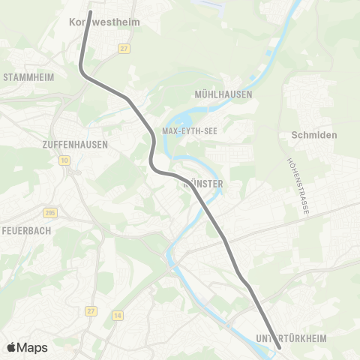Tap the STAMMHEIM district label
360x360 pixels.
click(x=27, y=77)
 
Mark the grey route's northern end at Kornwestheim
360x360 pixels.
click(x=91, y=12)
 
